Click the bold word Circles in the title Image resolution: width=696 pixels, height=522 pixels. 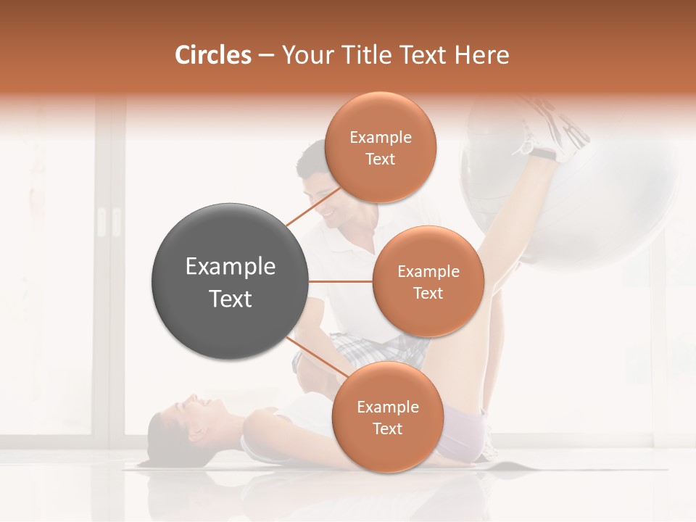tap(212, 55)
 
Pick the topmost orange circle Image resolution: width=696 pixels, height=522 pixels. tap(380, 147)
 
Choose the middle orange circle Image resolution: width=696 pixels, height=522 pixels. tap(428, 281)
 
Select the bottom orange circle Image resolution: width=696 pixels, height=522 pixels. tap(387, 417)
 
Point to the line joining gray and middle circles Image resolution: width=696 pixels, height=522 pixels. tap(341, 281)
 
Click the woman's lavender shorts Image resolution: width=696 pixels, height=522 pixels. tap(464, 431)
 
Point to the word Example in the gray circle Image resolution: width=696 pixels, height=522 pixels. tap(231, 267)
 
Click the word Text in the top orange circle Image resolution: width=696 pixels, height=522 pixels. tap(380, 159)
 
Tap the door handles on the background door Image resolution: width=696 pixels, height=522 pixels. tap(107, 222)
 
